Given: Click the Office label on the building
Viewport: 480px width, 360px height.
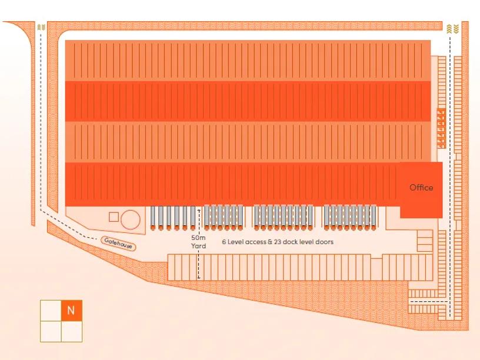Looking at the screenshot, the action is tap(421, 188).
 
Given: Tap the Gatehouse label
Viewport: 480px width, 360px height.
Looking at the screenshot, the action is tap(118, 242).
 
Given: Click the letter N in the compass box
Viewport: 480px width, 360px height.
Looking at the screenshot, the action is tap(71, 311).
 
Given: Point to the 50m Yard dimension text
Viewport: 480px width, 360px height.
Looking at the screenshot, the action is tap(198, 242).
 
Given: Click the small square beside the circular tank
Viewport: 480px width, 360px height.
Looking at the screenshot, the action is tap(114, 216).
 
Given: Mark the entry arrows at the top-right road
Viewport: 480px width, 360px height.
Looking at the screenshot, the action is tap(449, 28).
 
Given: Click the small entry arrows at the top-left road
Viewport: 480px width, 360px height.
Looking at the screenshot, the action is tap(40, 27).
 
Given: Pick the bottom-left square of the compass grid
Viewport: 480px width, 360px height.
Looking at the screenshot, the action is tap(50, 332).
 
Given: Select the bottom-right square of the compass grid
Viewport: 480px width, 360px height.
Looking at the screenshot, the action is tap(71, 332).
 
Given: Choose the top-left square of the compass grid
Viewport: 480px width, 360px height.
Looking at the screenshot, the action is tap(50, 311).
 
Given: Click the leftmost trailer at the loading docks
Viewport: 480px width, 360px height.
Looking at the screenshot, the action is tap(154, 218).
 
